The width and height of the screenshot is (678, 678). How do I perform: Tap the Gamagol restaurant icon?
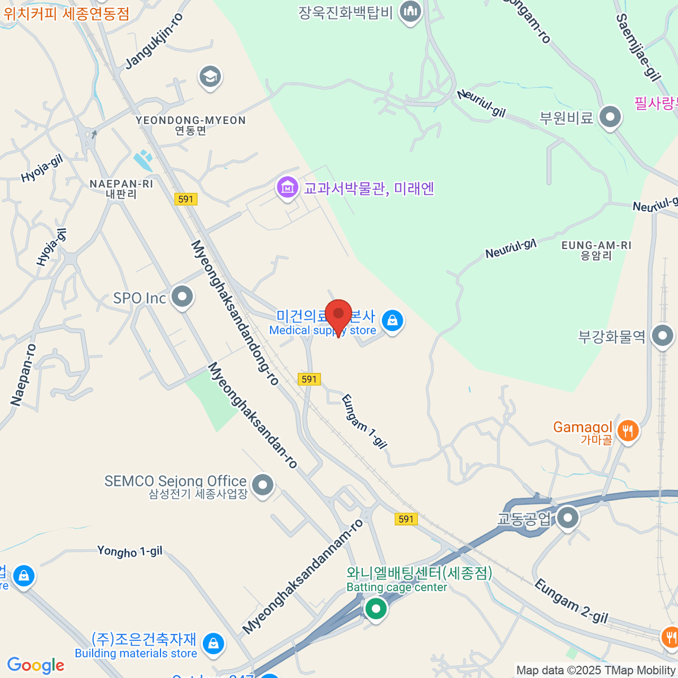coord(628,431)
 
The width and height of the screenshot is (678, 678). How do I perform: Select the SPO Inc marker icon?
coord(182,296)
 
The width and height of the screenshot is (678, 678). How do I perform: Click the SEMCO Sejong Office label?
coord(175,481)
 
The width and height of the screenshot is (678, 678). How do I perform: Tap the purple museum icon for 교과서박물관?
coord(287,186)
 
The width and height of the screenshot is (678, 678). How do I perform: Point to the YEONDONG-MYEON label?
coord(190,120)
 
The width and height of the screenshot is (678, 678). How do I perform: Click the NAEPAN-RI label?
coord(121,184)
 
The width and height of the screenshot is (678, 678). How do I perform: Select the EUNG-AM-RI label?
coord(596,245)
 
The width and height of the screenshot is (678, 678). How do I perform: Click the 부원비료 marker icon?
coord(610,117)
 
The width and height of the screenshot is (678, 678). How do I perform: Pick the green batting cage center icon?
coord(376,609)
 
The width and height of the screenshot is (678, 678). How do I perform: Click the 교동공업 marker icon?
coord(567,517)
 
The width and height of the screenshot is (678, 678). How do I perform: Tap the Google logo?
coord(36,665)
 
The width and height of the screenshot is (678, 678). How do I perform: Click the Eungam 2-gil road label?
coord(571,601)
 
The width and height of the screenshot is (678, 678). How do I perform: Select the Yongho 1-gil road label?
coord(129,551)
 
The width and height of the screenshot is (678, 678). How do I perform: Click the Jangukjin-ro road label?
coord(154,42)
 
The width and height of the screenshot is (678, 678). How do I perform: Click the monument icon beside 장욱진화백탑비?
coord(410,11)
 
